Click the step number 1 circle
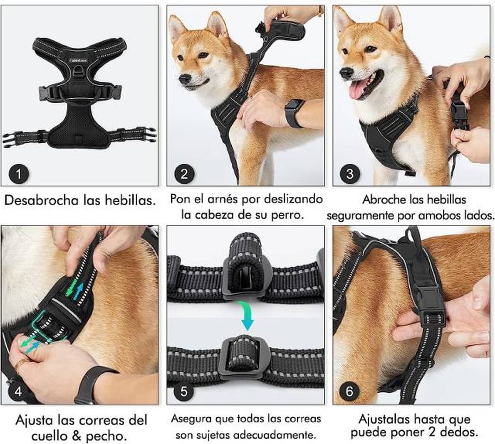[x=18, y=173]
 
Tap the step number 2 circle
[x=184, y=173]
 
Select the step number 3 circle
[x=350, y=173]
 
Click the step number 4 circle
[x=18, y=391]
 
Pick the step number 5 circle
[x=184, y=391]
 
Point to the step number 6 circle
[x=350, y=391]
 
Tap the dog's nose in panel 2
[x=184, y=79]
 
